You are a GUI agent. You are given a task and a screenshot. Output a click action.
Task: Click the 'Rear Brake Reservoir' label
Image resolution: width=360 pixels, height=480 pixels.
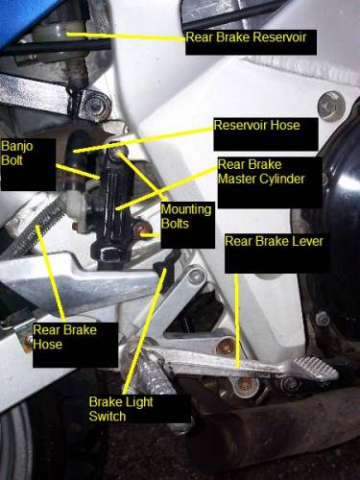pyautogui.click(x=246, y=37)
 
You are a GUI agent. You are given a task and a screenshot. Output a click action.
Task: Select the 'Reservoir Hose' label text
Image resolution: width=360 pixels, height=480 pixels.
pyautogui.click(x=256, y=125)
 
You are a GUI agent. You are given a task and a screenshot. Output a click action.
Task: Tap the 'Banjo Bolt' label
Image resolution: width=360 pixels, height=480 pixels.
pyautogui.click(x=16, y=153)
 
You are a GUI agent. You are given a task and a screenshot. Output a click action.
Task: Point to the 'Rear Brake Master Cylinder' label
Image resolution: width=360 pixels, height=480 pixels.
pyautogui.click(x=261, y=171)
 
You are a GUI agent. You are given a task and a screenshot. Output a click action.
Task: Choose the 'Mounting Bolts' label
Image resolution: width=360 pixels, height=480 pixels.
pyautogui.click(x=186, y=216)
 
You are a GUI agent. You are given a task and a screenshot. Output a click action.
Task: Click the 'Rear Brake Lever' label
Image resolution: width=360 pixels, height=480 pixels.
pyautogui.click(x=274, y=241)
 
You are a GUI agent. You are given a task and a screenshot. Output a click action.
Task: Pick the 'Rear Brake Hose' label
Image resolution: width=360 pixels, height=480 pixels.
pyautogui.click(x=64, y=337)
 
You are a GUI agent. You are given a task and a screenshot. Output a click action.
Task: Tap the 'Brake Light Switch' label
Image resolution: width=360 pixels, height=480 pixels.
pyautogui.click(x=121, y=409)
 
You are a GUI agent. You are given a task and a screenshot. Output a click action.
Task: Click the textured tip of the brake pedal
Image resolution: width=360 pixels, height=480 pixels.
pyautogui.click(x=315, y=368)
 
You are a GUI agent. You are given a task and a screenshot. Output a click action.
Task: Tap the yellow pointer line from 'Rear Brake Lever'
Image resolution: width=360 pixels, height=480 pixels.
pyautogui.click(x=237, y=321)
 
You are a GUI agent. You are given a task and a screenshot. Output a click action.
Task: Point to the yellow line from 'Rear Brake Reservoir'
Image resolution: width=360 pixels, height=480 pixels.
pyautogui.click(x=127, y=36)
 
